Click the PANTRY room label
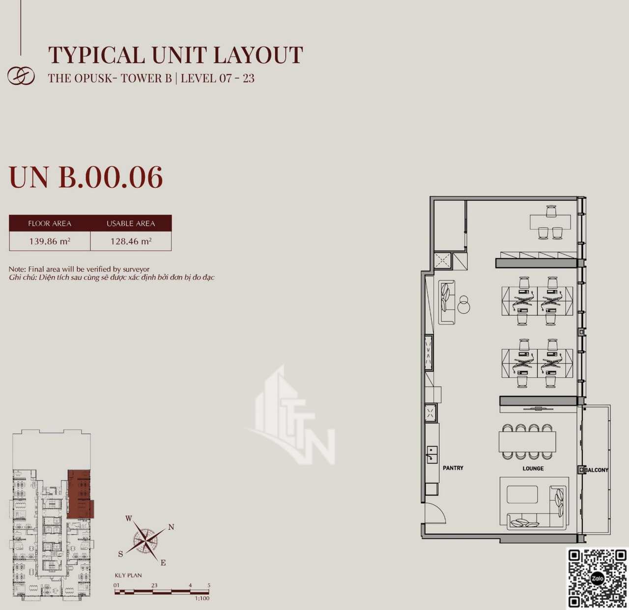[453, 468]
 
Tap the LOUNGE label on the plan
[533, 468]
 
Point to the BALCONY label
[597, 470]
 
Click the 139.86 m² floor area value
[50, 241]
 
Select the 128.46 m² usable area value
[131, 241]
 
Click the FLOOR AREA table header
[50, 223]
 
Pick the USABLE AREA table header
[131, 223]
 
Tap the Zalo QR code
[598, 579]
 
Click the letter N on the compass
[171, 527]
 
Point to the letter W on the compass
[129, 518]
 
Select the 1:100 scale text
[202, 598]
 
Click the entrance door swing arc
[441, 508]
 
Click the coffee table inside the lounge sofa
[522, 494]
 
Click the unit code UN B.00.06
[86, 177]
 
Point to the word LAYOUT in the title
[258, 55]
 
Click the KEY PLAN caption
[128, 575]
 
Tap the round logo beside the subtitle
[21, 76]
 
